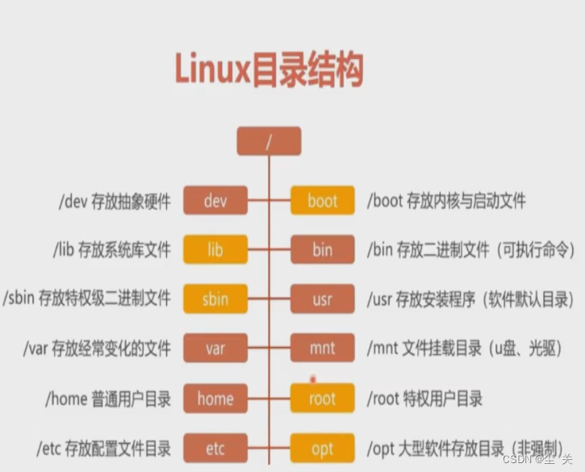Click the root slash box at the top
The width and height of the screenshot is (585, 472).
tap(269, 141)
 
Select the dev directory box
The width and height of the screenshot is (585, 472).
tap(215, 200)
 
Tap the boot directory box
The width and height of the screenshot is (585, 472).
tap(323, 200)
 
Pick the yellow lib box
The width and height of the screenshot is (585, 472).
tap(215, 250)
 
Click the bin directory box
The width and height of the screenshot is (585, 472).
tap(323, 250)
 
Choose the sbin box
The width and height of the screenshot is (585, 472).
tap(215, 299)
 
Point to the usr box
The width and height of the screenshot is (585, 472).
tap(323, 299)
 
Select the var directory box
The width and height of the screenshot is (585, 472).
tap(215, 349)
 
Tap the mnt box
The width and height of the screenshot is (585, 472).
tap(323, 349)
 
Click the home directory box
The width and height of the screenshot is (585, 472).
tap(215, 399)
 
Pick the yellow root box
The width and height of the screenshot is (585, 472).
tap(323, 399)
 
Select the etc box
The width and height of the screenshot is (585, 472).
tap(215, 449)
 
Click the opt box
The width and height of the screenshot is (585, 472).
tap(323, 449)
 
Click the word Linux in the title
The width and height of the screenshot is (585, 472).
tap(211, 71)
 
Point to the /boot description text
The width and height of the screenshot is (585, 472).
tap(446, 201)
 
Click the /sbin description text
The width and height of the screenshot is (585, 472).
tap(87, 299)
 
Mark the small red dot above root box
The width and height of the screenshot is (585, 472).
tap(313, 378)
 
